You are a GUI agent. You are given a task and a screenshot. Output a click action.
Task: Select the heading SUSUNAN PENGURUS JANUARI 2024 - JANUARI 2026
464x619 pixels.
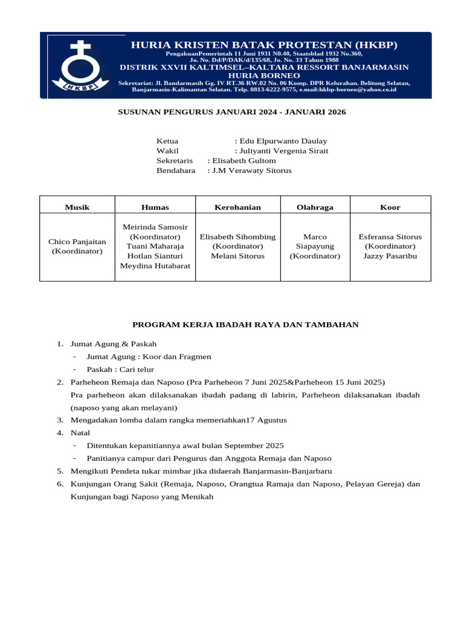coord(231,112)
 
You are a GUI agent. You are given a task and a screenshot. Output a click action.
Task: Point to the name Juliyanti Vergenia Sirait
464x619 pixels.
coord(284,151)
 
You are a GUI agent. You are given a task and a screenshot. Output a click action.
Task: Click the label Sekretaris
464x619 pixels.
coord(175,161)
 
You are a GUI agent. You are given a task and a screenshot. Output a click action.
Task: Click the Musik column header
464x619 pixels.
coord(77,207)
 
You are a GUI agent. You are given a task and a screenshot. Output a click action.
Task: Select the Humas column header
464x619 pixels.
coord(155,207)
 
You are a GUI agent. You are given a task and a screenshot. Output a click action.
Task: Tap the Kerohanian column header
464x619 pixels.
coord(237,207)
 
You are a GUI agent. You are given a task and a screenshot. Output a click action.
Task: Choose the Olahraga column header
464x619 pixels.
coord(315,207)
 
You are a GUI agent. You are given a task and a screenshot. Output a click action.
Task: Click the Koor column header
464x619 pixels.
coord(390,207)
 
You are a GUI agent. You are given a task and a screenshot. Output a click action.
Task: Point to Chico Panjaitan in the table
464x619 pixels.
coord(77,242)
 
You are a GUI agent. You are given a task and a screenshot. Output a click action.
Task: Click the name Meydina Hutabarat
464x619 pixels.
coord(155,266)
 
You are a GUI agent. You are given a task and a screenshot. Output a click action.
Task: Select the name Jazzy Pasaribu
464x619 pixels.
coord(390,256)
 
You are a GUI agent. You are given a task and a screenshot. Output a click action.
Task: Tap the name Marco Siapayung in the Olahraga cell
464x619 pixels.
coord(315,242)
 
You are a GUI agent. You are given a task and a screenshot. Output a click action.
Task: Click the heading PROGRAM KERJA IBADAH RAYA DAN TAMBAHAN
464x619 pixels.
coord(245,325)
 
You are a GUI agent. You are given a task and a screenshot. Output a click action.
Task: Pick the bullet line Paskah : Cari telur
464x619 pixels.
coord(120,369)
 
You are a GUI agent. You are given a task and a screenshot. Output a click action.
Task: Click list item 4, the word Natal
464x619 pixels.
coord(80,433)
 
